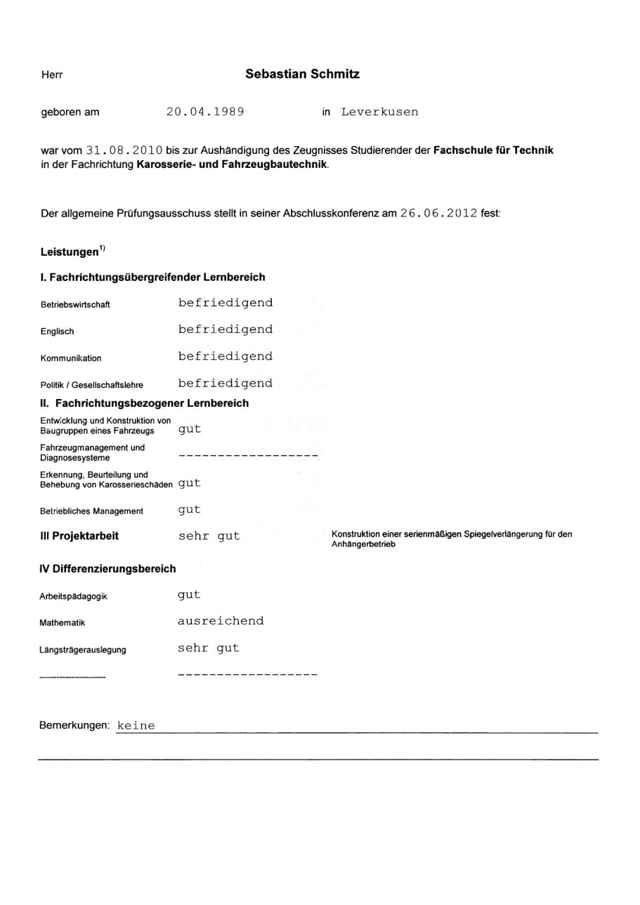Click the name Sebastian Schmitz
pyautogui.click(x=302, y=74)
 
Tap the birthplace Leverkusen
pyautogui.click(x=379, y=112)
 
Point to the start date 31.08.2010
pyautogui.click(x=124, y=150)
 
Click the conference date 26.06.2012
pyautogui.click(x=439, y=214)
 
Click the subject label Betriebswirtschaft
pyautogui.click(x=75, y=305)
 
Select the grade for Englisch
pyautogui.click(x=225, y=330)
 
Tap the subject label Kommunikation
pyautogui.click(x=71, y=358)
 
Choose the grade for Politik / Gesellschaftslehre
pyautogui.click(x=225, y=383)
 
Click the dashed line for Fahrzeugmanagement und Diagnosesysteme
pyautogui.click(x=248, y=455)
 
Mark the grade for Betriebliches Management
pyautogui.click(x=189, y=509)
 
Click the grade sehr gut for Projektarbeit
pyautogui.click(x=209, y=535)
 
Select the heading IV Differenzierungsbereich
pyautogui.click(x=108, y=568)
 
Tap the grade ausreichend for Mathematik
pyautogui.click(x=221, y=621)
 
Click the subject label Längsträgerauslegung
pyautogui.click(x=83, y=650)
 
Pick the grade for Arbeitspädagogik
pyautogui.click(x=189, y=595)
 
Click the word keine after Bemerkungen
pyautogui.click(x=136, y=725)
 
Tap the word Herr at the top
pyautogui.click(x=52, y=75)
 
